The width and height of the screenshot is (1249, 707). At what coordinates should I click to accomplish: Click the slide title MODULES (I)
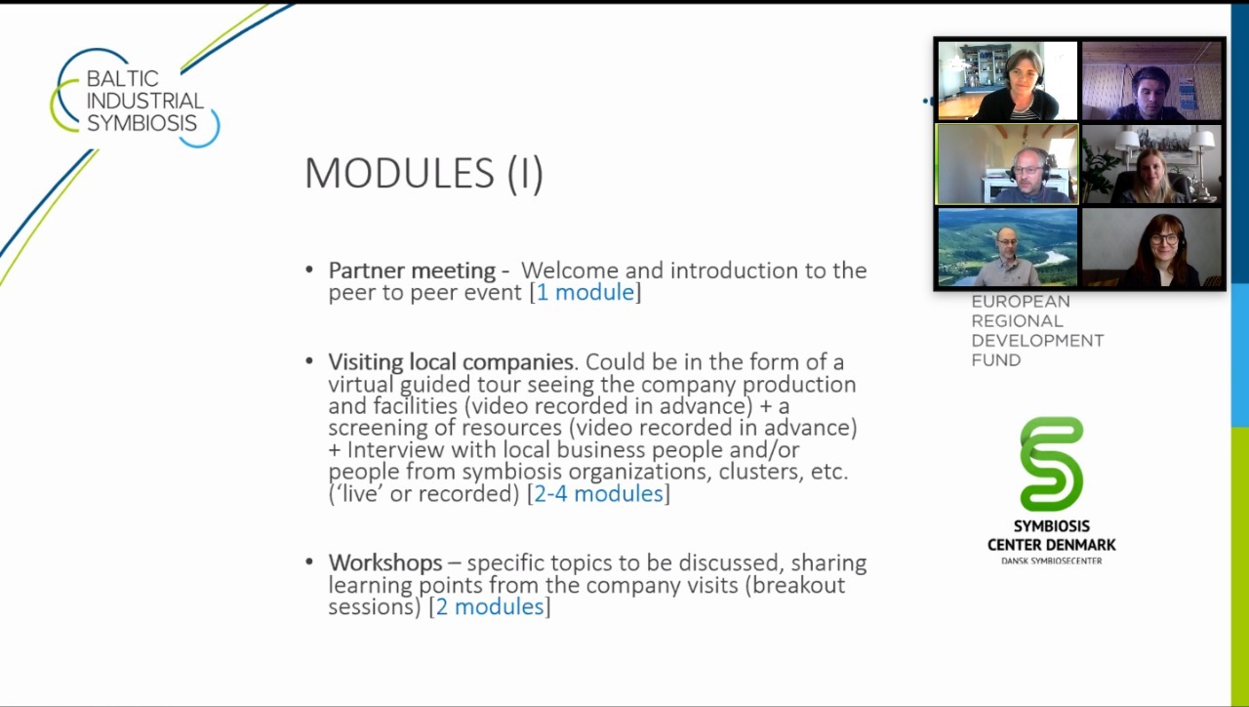pos(423,174)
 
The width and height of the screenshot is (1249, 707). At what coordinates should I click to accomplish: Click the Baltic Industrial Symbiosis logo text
pos(145,101)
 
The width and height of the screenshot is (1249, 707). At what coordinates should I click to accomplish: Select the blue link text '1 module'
pos(585,292)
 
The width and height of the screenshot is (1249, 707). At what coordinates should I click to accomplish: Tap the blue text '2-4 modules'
pos(598,493)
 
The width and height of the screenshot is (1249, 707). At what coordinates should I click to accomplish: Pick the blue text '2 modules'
pos(490,606)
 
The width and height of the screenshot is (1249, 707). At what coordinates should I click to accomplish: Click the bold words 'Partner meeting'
pos(412,270)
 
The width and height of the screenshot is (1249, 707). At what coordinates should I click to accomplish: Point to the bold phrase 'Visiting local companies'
pos(451,362)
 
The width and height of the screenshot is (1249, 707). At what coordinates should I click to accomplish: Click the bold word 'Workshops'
pos(385,562)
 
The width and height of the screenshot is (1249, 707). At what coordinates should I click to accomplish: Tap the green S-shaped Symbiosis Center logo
pos(1052,464)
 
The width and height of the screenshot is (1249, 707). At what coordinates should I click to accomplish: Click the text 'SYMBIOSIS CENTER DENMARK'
pos(1052,535)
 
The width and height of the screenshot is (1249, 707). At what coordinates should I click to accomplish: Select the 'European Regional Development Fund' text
pos(1037,331)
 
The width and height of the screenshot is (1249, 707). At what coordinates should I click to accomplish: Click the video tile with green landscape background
pos(1008,247)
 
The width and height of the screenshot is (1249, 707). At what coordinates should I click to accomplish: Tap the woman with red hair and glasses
pos(1161,251)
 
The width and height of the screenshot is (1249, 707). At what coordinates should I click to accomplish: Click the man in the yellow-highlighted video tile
pos(1029,178)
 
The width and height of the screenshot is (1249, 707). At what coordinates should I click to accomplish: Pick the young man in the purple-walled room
pos(1149,94)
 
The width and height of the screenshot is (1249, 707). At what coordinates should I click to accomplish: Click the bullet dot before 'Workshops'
pos(309,561)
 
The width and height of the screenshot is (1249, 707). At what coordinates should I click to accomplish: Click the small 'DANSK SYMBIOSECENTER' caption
pos(1052,561)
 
